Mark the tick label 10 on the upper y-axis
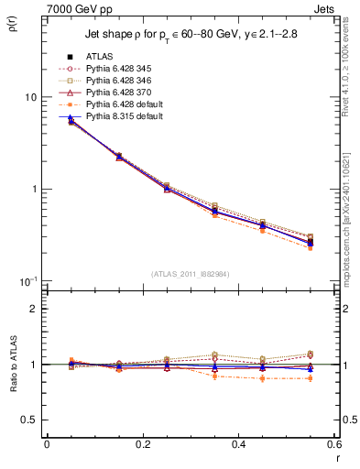coord(30,97)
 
